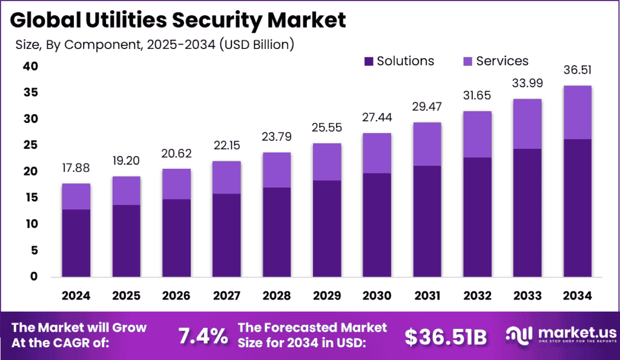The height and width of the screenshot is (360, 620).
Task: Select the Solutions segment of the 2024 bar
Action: click(76, 243)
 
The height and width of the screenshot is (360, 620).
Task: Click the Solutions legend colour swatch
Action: click(368, 61)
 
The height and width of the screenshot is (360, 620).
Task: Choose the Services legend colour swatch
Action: click(467, 61)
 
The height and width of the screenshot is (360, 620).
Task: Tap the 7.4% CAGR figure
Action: click(202, 336)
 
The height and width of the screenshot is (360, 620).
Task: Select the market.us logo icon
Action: click(518, 335)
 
